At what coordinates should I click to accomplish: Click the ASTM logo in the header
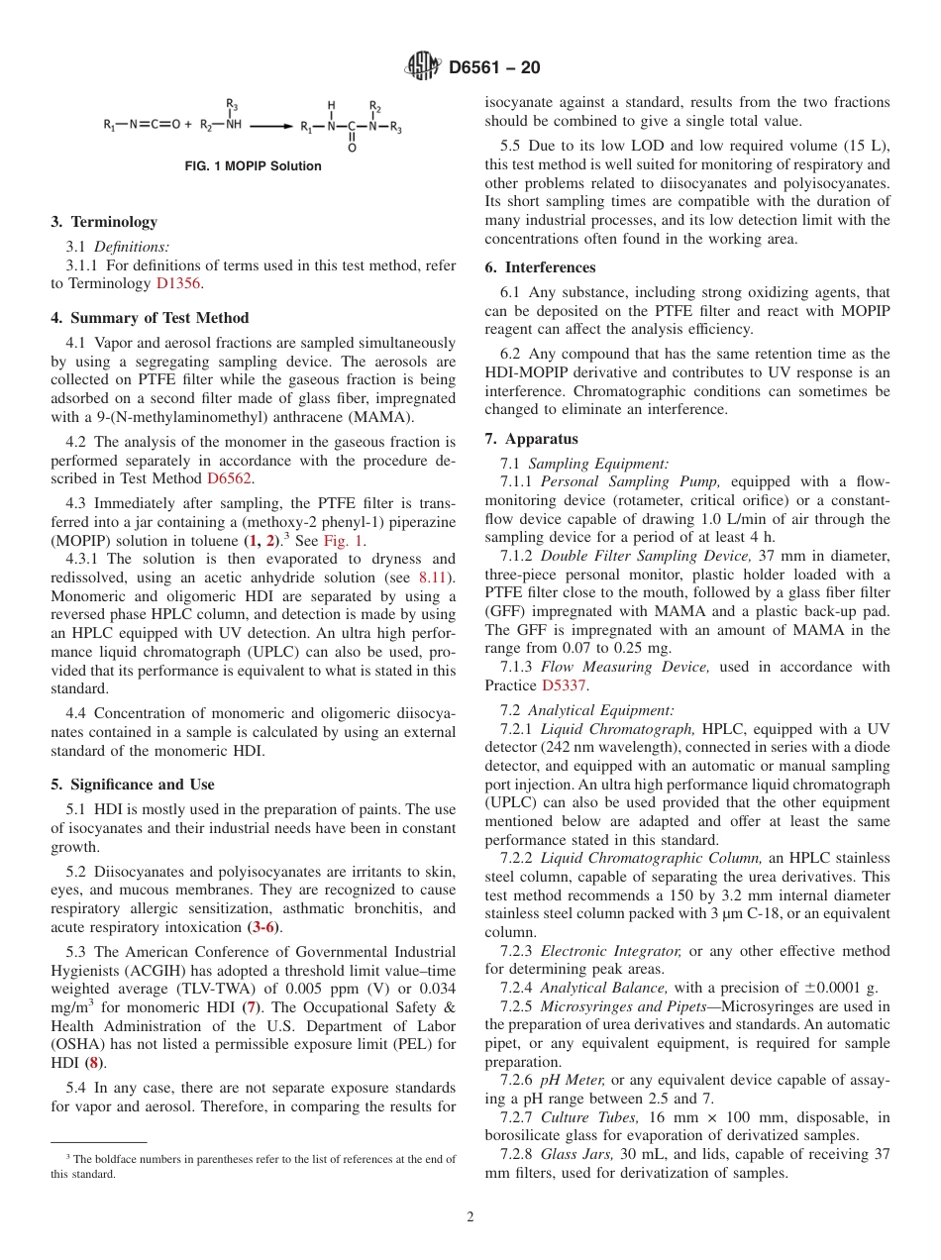[424, 67]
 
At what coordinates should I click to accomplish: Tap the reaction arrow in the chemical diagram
[271, 127]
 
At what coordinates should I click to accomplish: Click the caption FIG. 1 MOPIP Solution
[254, 166]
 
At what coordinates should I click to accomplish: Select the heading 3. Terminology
[104, 222]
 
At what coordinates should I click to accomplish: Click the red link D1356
[179, 283]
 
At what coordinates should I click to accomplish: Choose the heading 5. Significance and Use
[133, 785]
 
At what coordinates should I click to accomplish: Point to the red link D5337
[565, 685]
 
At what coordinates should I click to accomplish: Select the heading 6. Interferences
[540, 267]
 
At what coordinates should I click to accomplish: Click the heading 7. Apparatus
[532, 439]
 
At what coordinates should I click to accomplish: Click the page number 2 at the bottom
[470, 1217]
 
